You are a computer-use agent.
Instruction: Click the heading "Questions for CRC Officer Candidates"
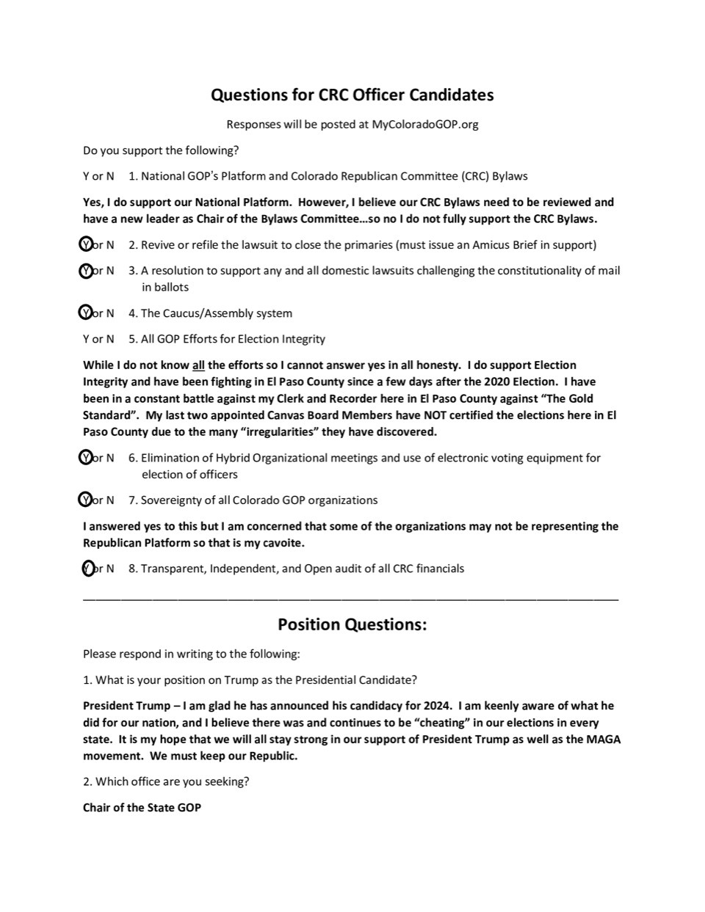[x=352, y=95]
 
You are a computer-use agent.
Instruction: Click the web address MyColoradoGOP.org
[x=424, y=124]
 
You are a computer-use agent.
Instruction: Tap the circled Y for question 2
[x=86, y=244]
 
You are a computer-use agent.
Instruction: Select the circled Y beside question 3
[x=86, y=270]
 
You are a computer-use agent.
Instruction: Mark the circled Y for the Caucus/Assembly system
[x=86, y=313]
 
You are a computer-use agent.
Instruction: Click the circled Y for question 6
[x=86, y=457]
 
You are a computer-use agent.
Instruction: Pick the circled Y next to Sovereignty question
[x=86, y=500]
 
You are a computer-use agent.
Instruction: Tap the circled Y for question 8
[x=88, y=568]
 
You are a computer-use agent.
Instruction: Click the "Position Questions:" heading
[x=352, y=624]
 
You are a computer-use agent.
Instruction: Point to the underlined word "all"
[x=198, y=365]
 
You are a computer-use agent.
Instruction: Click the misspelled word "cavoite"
[x=283, y=543]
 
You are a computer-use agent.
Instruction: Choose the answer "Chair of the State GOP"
[x=142, y=807]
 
